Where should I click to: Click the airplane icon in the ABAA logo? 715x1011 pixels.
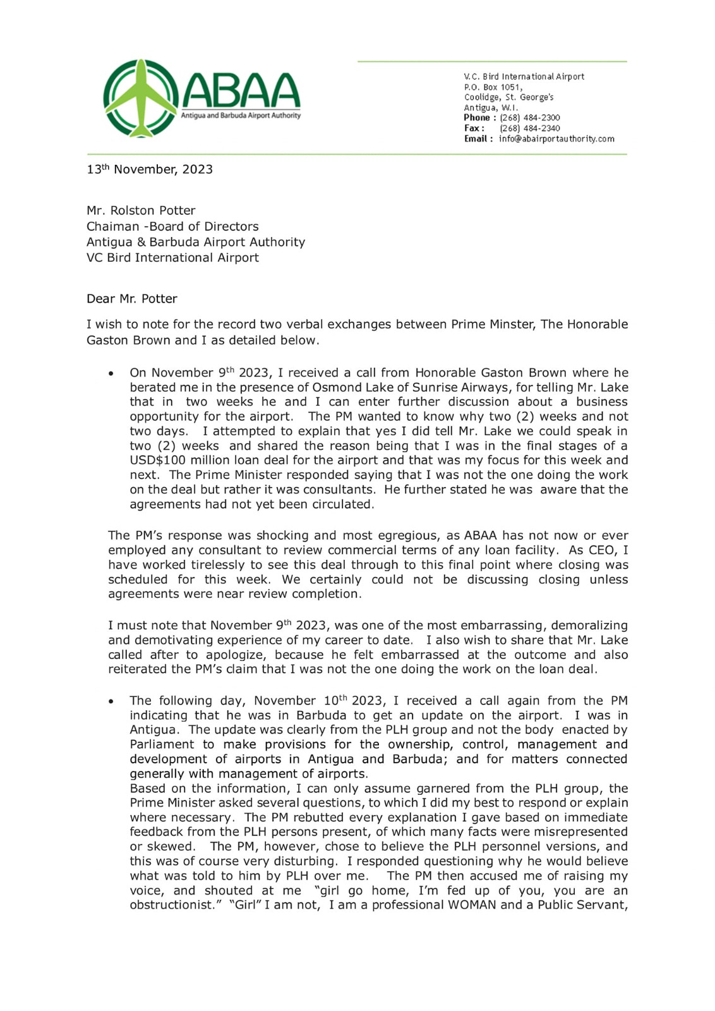pos(141,98)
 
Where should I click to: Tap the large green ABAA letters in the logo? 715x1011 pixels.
pos(241,92)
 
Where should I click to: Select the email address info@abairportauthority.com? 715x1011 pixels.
pos(556,139)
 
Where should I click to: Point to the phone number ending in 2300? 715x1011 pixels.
pos(529,118)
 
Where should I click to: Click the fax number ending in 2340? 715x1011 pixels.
pos(529,128)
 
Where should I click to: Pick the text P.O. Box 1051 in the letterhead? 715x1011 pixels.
pos(493,87)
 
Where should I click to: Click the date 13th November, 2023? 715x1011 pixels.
pos(150,169)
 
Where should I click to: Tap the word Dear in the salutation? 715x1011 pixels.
pos(100,299)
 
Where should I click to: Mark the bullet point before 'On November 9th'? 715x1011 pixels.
pos(111,374)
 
